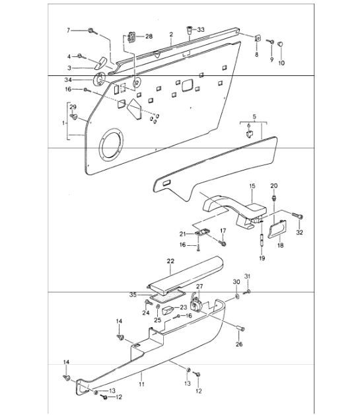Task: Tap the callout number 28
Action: point(148,36)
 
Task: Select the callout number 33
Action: point(201,29)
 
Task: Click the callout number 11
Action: point(140,383)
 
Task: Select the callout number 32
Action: point(299,233)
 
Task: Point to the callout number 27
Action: point(200,285)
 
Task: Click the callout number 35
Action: point(133,294)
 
